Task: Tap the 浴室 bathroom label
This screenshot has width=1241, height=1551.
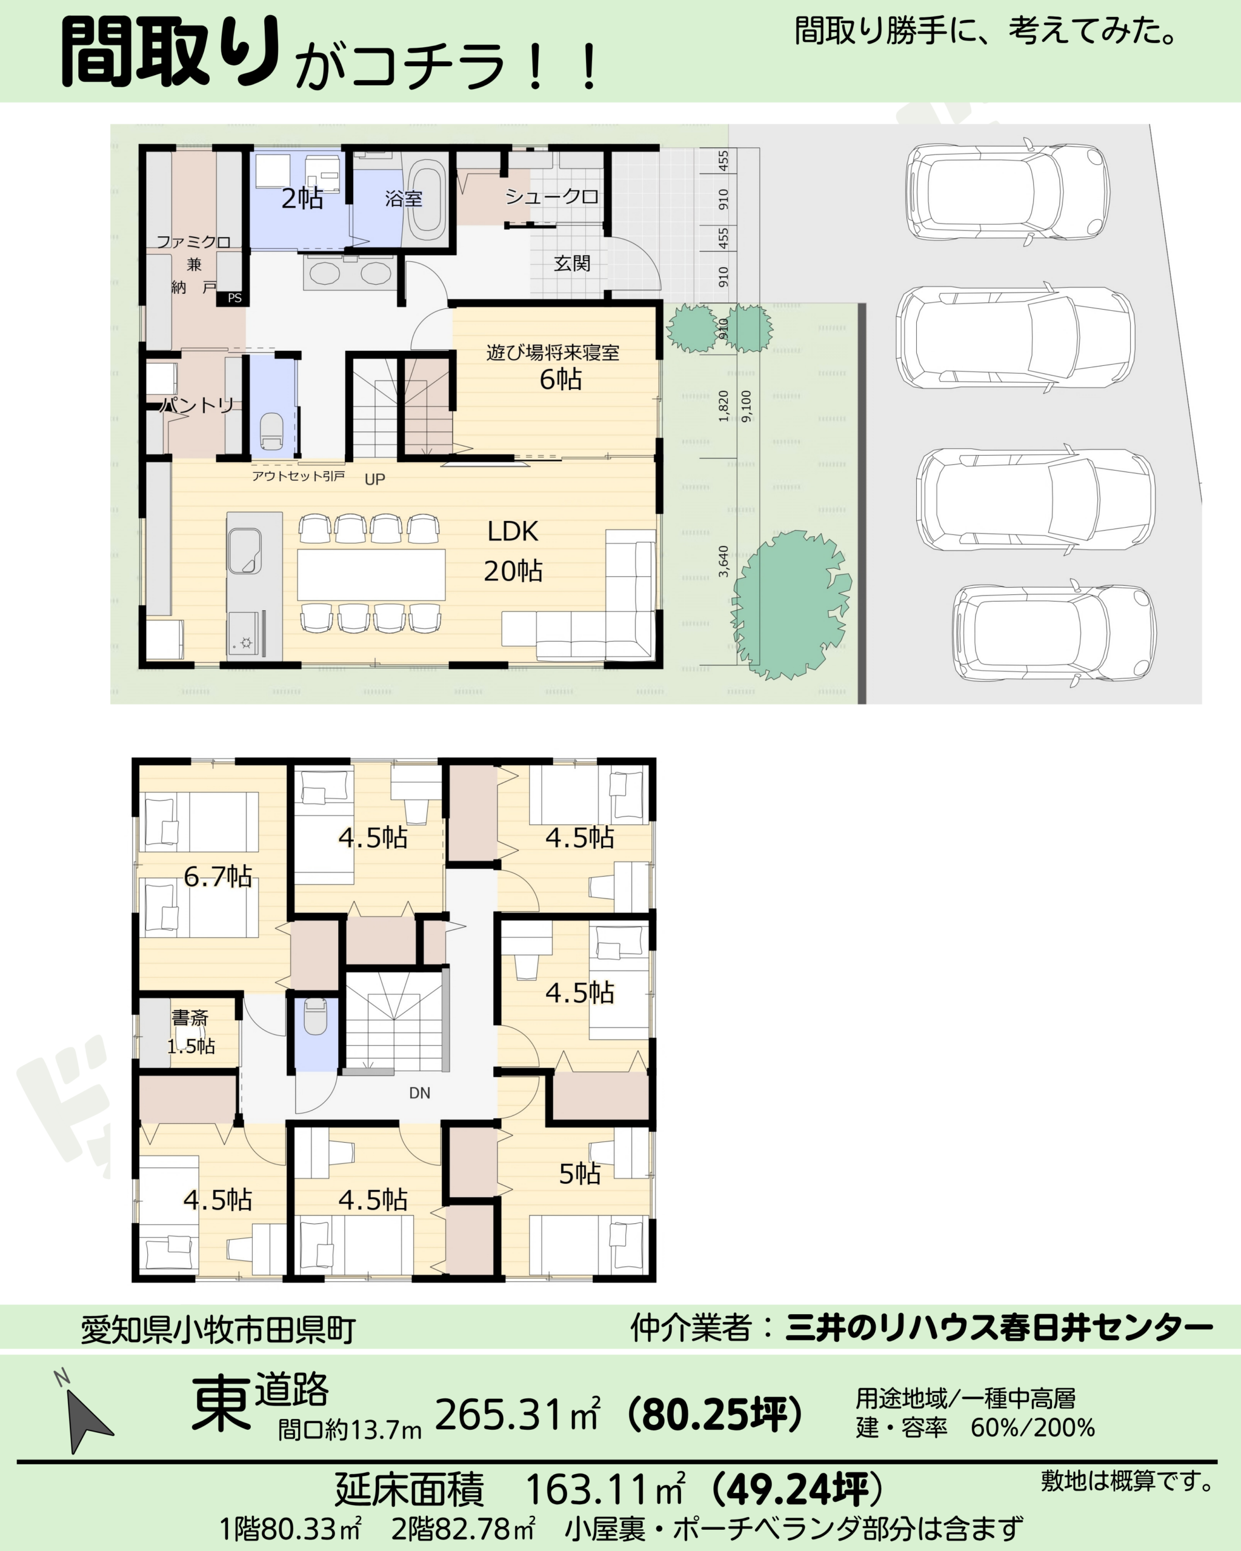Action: (403, 198)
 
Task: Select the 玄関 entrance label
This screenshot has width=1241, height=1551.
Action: (572, 264)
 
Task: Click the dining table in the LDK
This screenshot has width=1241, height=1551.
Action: (371, 575)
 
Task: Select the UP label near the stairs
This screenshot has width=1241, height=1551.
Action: (375, 479)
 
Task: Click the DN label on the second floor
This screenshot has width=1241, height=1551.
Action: (419, 1093)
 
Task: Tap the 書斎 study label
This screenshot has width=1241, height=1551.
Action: (190, 1017)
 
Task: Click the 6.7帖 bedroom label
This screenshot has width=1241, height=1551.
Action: (218, 876)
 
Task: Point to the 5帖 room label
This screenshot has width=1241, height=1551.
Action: (580, 1174)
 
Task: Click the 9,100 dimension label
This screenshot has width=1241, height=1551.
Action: (747, 407)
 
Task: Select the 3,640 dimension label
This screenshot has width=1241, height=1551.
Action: (724, 561)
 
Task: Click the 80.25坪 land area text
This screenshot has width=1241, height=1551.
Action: (714, 1413)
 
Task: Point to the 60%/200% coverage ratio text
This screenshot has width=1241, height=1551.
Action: (1033, 1427)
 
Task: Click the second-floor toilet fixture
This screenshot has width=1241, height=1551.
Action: (315, 1017)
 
